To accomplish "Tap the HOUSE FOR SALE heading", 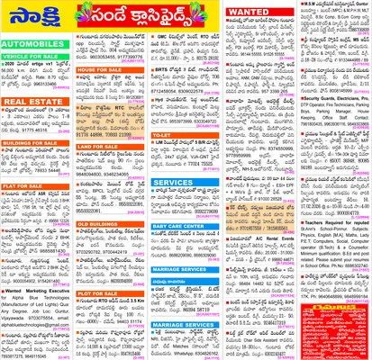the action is coord(102,67).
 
